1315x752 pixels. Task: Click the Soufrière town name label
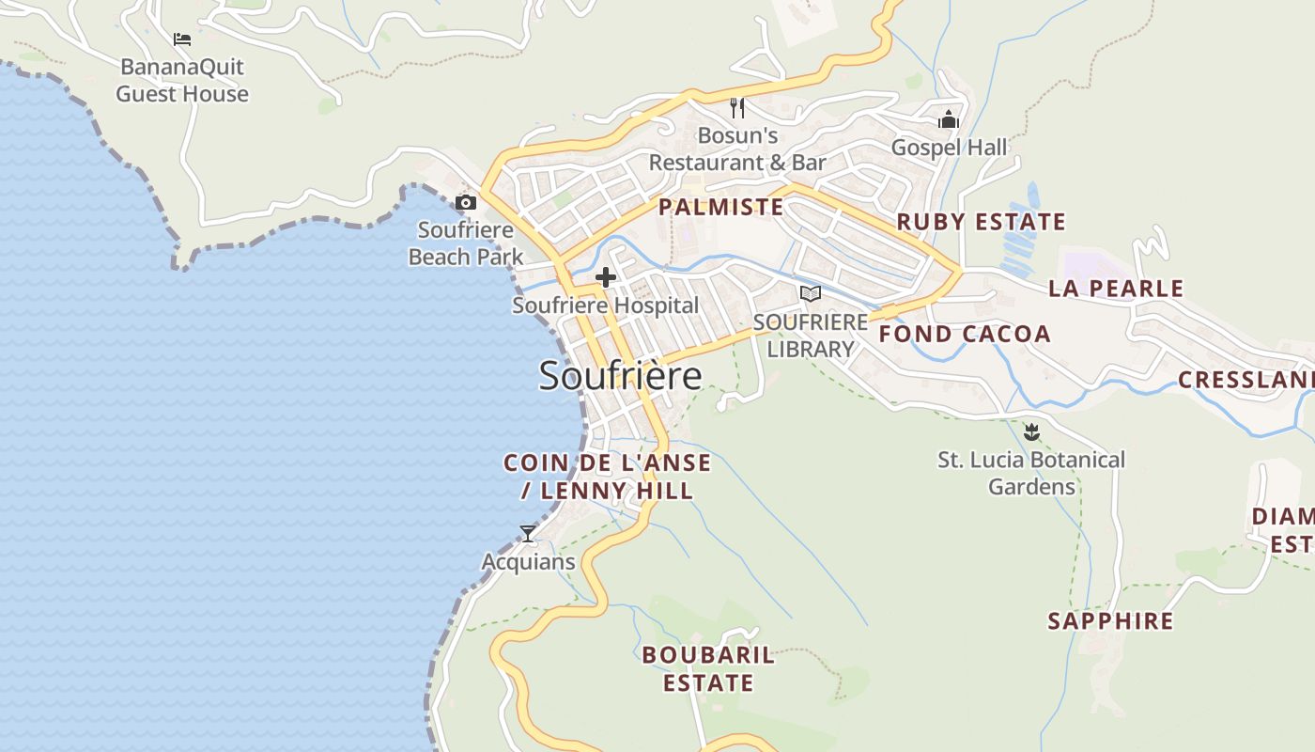pyautogui.click(x=620, y=376)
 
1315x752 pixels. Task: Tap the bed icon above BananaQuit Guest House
pyautogui.click(x=182, y=39)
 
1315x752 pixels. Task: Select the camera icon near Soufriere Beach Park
pyautogui.click(x=466, y=202)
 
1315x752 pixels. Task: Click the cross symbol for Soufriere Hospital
pyautogui.click(x=606, y=277)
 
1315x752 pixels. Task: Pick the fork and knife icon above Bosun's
pyautogui.click(x=737, y=108)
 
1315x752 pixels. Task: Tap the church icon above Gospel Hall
pyautogui.click(x=949, y=119)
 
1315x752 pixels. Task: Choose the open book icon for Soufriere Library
pyautogui.click(x=810, y=294)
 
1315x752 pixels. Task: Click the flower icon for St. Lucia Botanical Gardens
pyautogui.click(x=1031, y=432)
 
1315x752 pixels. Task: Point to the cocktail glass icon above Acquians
pyautogui.click(x=528, y=534)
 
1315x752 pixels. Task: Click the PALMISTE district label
pyautogui.click(x=720, y=207)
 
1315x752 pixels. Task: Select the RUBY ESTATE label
pyautogui.click(x=982, y=222)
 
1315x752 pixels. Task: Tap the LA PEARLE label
pyautogui.click(x=1116, y=289)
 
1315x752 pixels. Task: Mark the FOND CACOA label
pyautogui.click(x=965, y=334)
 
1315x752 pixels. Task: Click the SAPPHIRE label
pyautogui.click(x=1110, y=621)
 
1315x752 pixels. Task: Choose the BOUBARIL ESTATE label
pyautogui.click(x=708, y=668)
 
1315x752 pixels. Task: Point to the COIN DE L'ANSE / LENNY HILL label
pyautogui.click(x=608, y=477)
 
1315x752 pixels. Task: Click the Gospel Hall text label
pyautogui.click(x=949, y=148)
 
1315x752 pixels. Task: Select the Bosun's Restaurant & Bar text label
pyautogui.click(x=737, y=149)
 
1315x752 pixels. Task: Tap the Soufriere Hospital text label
pyautogui.click(x=606, y=305)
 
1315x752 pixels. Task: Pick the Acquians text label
pyautogui.click(x=528, y=562)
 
